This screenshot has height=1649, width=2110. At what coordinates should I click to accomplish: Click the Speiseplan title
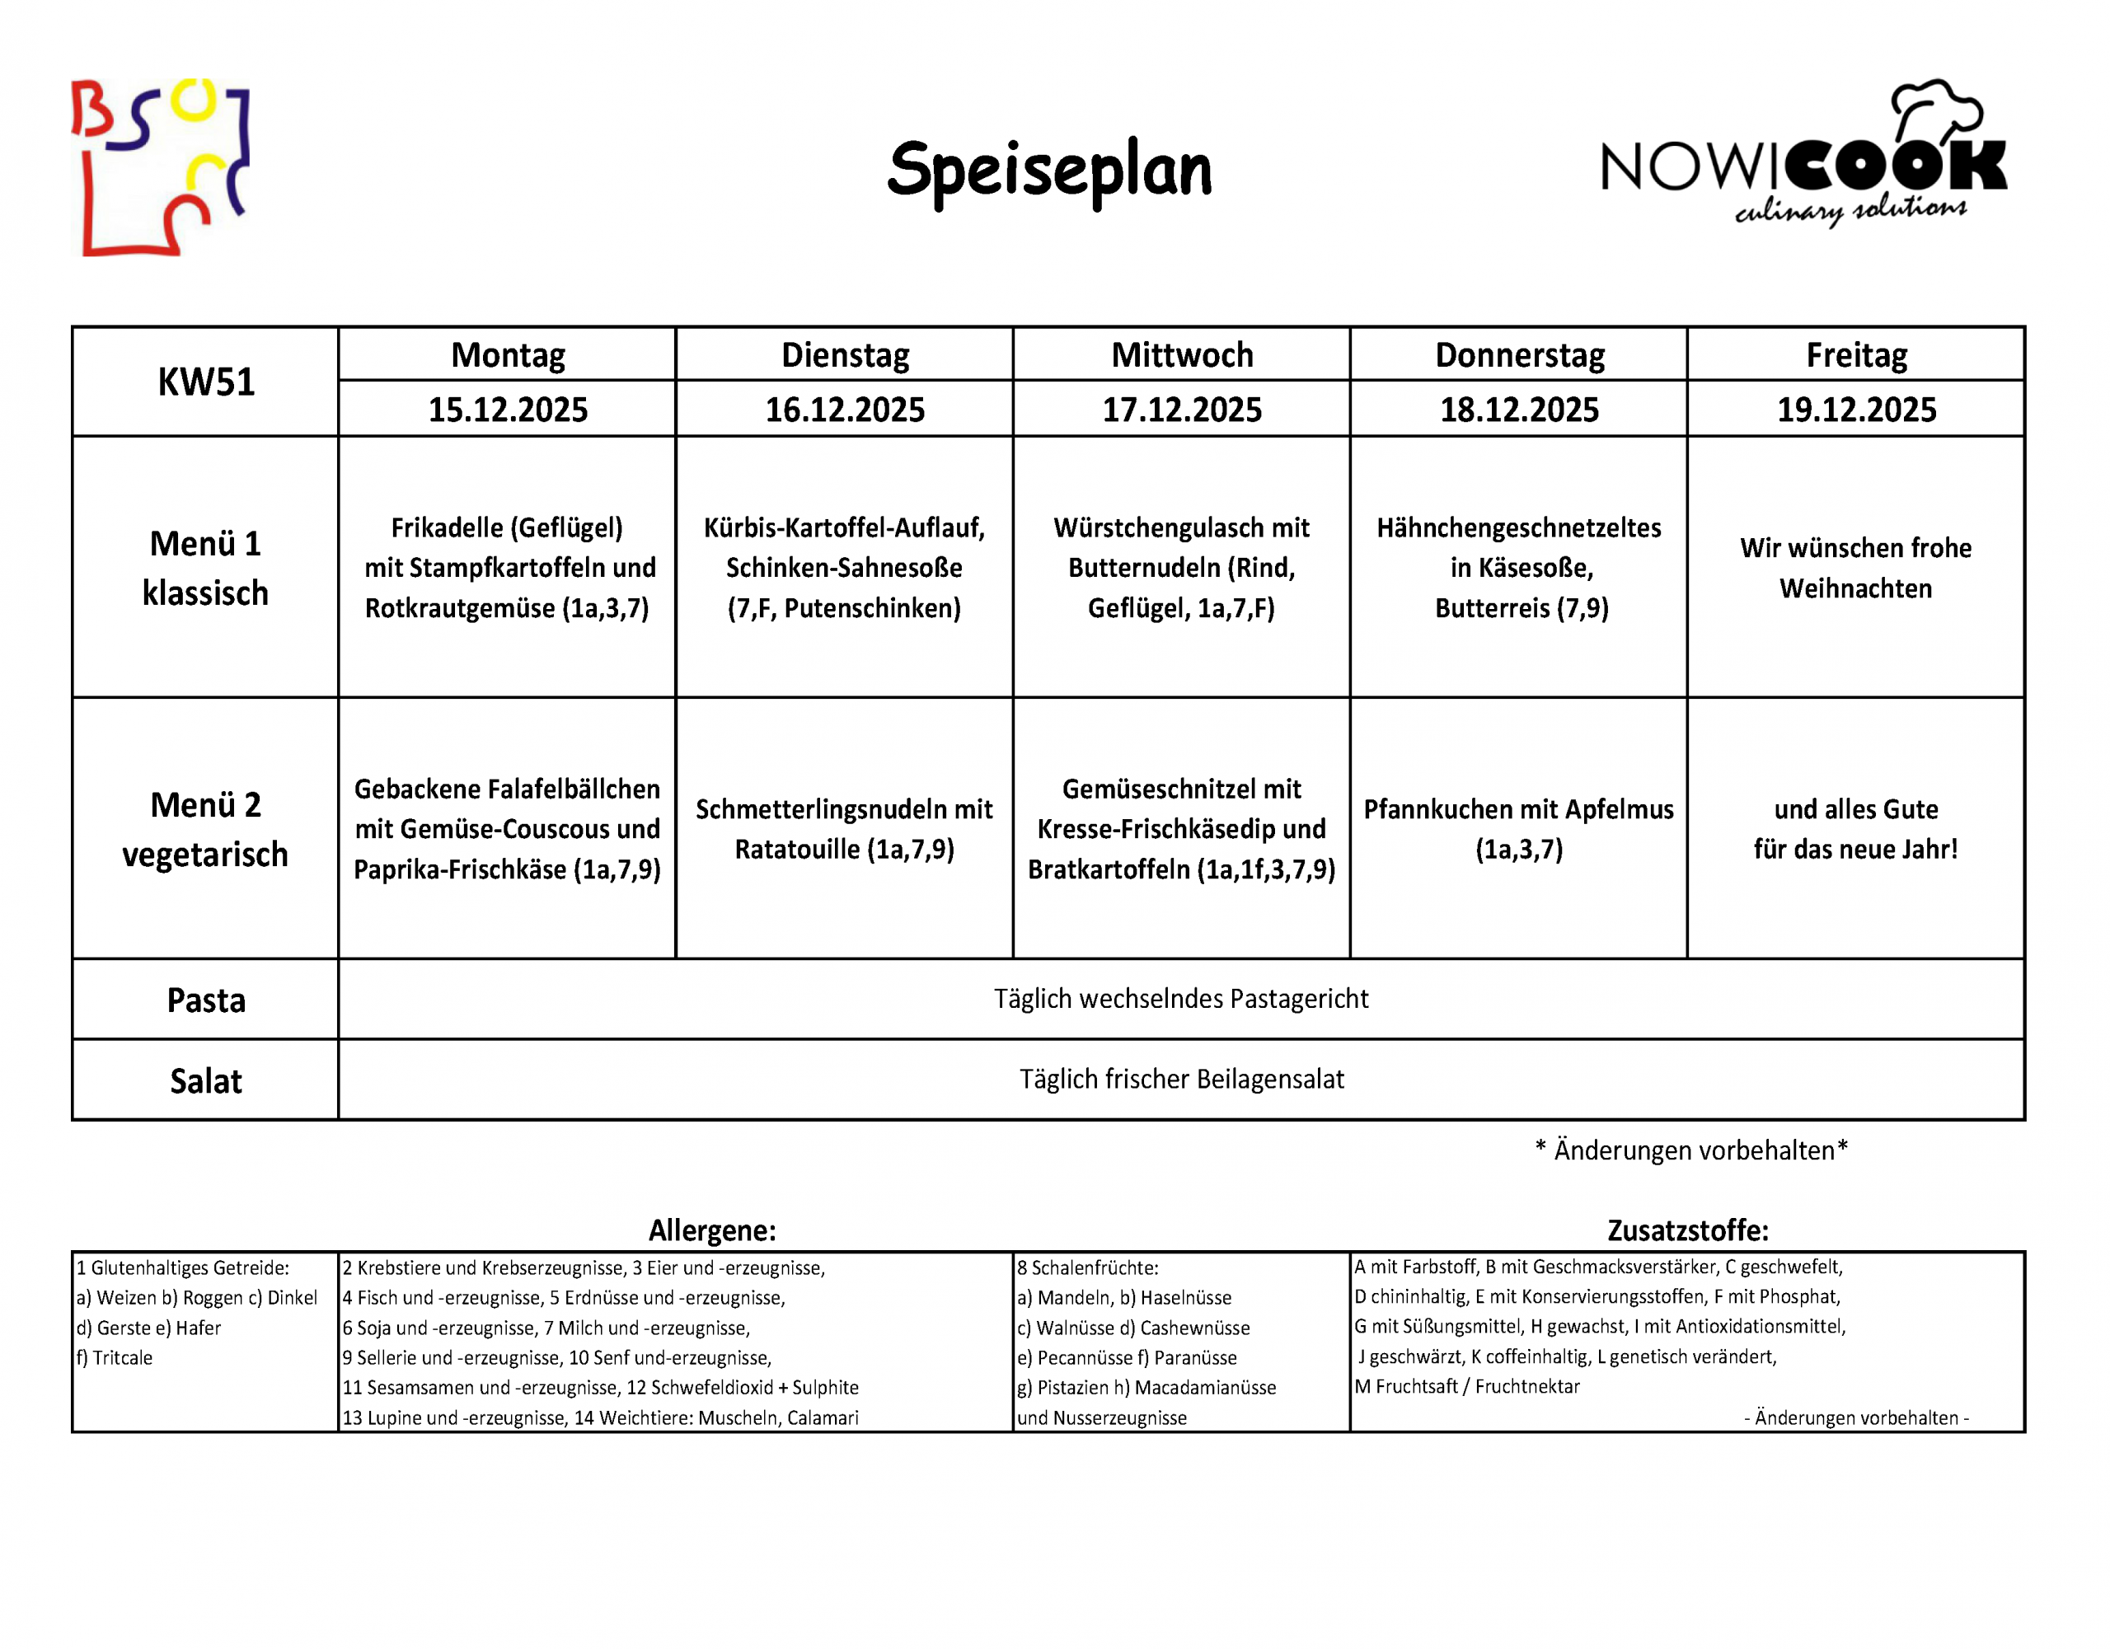(x=1049, y=170)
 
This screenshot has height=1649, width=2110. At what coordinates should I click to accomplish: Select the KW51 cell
(x=206, y=382)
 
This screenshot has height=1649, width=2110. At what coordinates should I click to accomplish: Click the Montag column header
(x=509, y=355)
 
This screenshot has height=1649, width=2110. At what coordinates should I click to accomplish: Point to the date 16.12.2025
(x=846, y=410)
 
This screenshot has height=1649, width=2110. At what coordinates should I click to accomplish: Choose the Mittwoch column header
(x=1182, y=355)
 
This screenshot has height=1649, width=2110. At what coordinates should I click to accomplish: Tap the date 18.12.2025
(x=1519, y=410)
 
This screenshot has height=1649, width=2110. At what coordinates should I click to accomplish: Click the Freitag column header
(x=1856, y=355)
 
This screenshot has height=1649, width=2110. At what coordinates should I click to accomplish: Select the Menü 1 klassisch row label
(x=206, y=568)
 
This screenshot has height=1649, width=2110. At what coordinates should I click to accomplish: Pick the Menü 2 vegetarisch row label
(x=206, y=830)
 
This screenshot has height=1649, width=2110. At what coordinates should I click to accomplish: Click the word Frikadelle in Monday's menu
(x=447, y=528)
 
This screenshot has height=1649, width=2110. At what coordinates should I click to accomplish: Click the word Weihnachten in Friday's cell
(x=1856, y=589)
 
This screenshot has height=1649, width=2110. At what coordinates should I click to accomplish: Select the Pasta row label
(x=206, y=1000)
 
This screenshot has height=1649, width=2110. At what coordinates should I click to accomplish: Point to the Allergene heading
(x=712, y=1230)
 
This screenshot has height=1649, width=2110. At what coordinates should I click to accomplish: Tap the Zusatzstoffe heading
(x=1687, y=1230)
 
